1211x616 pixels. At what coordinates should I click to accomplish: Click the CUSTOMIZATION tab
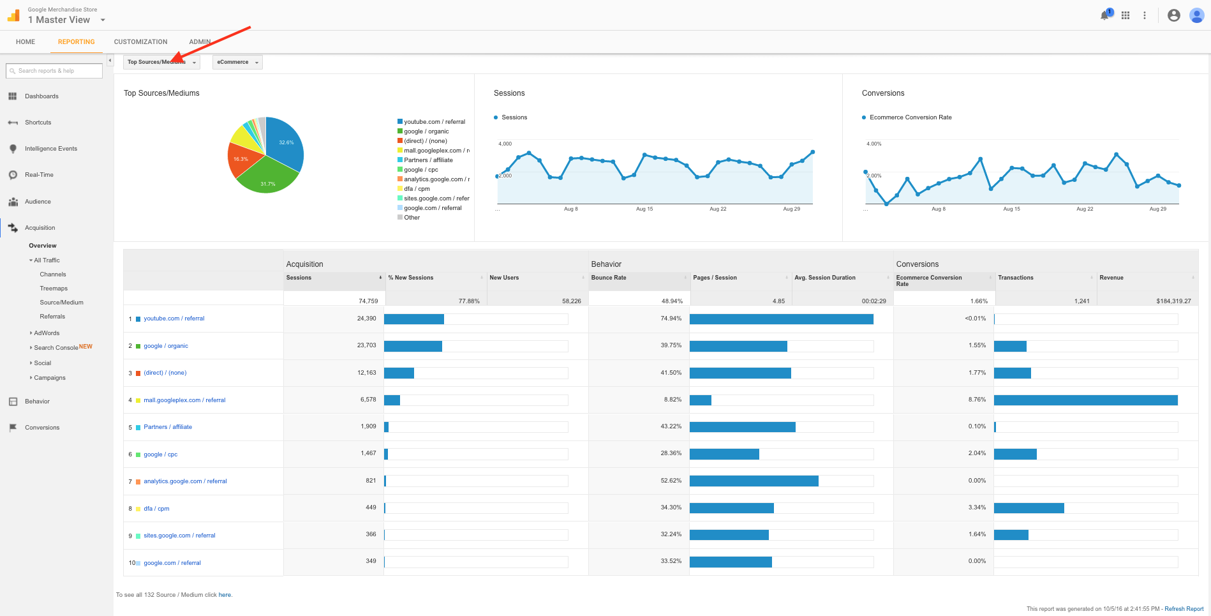click(140, 42)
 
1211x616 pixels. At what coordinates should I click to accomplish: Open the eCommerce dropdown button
click(237, 63)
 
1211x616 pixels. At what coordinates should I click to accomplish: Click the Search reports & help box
click(55, 71)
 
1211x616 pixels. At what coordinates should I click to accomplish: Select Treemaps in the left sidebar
click(54, 289)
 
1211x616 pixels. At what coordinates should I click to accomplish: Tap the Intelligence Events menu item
click(51, 149)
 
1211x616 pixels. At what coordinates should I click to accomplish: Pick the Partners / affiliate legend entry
click(428, 160)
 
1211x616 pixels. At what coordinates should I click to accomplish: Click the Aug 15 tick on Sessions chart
click(644, 209)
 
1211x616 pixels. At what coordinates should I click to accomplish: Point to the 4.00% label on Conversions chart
click(873, 144)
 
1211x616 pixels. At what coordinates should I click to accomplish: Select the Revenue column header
click(1111, 278)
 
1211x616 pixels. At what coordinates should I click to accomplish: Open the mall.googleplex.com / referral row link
click(184, 400)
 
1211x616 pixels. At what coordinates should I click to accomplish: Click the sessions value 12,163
click(366, 373)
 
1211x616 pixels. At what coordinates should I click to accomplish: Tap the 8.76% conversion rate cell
click(977, 400)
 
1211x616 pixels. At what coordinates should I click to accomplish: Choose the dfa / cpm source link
click(156, 509)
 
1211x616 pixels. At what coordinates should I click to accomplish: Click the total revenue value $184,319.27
click(1173, 301)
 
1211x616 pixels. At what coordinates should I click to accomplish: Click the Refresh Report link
click(1184, 609)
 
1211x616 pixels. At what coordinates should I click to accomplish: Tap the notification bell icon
click(1104, 15)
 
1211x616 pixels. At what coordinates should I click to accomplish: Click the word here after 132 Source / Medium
click(225, 595)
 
